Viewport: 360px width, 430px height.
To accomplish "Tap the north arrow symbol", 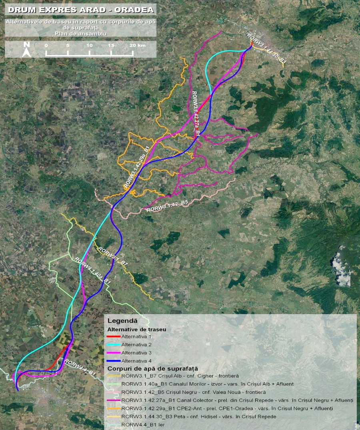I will [x=26, y=49].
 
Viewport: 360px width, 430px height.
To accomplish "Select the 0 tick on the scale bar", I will [x=46, y=46].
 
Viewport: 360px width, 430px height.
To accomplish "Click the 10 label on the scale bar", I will [x=89, y=46].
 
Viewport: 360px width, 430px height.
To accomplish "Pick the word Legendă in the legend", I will [x=122, y=321].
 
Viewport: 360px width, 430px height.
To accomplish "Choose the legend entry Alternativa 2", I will [x=136, y=345].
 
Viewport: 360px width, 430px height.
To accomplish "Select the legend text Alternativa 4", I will [x=136, y=361].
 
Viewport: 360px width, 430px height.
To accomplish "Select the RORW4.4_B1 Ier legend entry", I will [x=142, y=424].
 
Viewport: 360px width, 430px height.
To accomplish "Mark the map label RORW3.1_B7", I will [x=113, y=256].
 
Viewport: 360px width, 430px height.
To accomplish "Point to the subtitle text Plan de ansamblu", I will [x=80, y=34].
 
